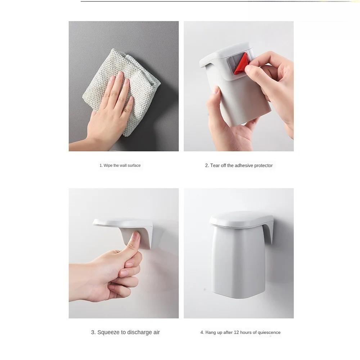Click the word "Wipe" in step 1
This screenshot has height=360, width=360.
click(108, 166)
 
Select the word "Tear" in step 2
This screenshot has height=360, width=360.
click(215, 166)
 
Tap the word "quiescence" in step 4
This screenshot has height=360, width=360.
click(267, 332)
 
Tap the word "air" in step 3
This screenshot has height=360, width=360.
click(156, 332)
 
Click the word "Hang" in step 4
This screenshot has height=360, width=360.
click(211, 332)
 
